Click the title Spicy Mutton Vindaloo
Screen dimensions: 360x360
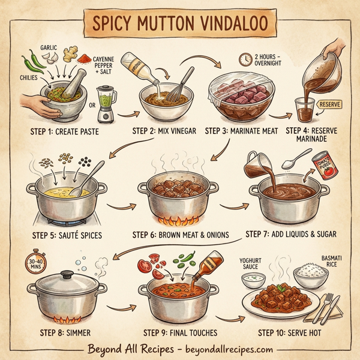179,24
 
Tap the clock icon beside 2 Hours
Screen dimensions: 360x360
244,59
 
